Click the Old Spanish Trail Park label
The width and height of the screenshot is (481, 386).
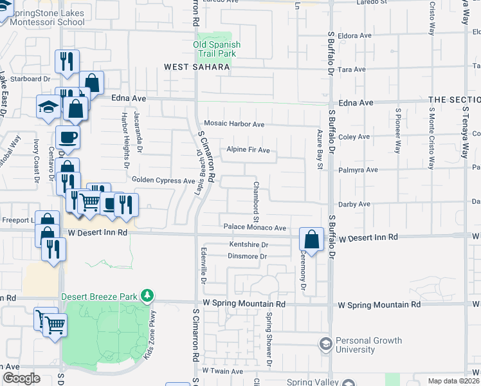(217, 49)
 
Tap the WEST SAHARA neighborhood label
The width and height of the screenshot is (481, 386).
(197, 67)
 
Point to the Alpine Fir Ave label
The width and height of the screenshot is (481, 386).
(248, 150)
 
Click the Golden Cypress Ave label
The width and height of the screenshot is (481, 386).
(163, 181)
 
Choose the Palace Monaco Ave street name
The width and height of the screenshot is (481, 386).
(255, 228)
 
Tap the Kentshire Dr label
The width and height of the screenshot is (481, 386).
(249, 245)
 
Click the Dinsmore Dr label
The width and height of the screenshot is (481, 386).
(248, 257)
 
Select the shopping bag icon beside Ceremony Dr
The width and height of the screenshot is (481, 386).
(311, 240)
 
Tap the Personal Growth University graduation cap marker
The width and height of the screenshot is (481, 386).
(325, 345)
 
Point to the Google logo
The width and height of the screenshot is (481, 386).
(21, 378)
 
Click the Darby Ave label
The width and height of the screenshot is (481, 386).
(354, 204)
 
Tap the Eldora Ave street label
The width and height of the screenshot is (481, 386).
(355, 36)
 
